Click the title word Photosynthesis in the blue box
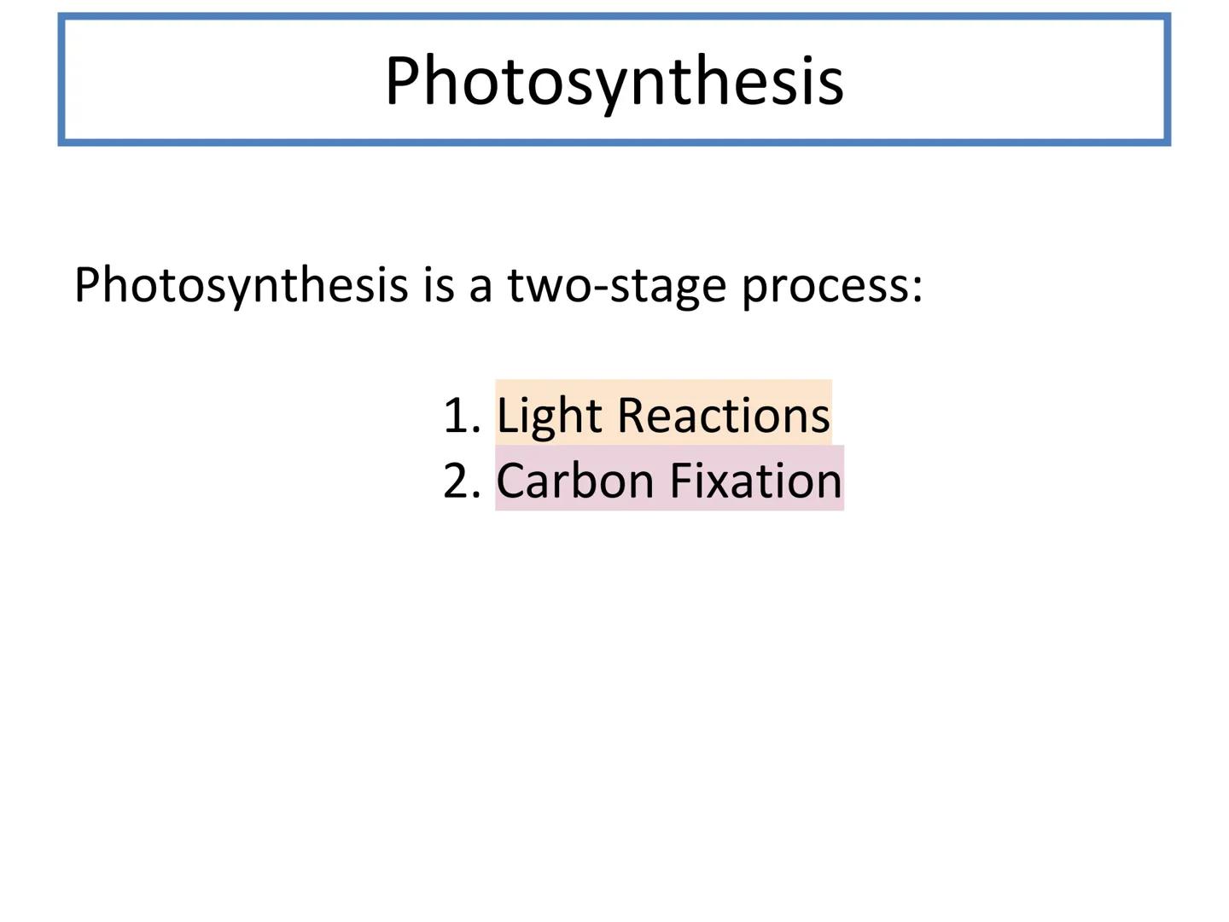(x=614, y=82)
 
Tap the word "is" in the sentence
(x=439, y=285)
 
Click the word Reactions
(x=723, y=416)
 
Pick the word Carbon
(x=575, y=480)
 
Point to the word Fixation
(x=755, y=480)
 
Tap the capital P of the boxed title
(x=404, y=79)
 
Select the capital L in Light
(x=508, y=416)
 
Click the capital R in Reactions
(x=631, y=416)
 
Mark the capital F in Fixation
(x=681, y=481)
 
